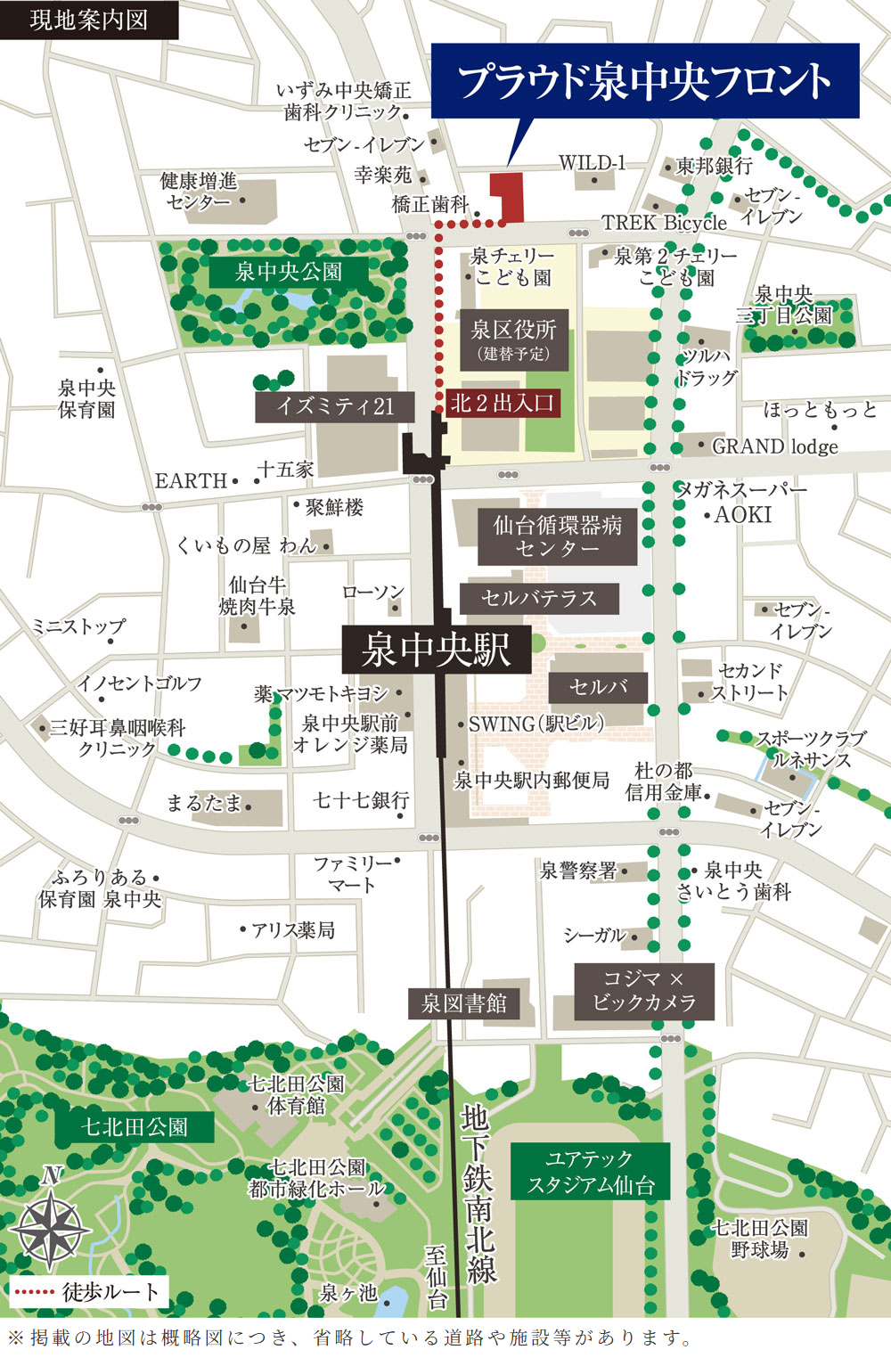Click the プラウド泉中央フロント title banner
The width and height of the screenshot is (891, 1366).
644,81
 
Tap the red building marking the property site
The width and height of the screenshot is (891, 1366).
510,196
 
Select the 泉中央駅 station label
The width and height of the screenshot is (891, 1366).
437,650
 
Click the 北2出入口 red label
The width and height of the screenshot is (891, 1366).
503,403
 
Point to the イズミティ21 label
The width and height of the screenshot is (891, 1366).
335,407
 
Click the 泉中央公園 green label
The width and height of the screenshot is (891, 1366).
288,272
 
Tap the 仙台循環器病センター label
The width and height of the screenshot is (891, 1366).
557,536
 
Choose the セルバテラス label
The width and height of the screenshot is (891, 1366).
539,598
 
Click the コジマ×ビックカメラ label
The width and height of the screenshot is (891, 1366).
644,991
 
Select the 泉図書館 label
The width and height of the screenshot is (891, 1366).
463,1003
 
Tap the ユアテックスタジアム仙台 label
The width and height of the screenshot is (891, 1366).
590,1172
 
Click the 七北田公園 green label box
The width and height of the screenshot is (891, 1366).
135,1127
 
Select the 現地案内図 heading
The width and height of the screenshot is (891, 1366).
88,20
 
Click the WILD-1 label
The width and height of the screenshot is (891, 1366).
592,163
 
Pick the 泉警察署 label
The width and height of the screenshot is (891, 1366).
578,871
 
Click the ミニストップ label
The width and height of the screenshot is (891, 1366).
78,626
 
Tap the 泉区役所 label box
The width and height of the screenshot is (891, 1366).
514,339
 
